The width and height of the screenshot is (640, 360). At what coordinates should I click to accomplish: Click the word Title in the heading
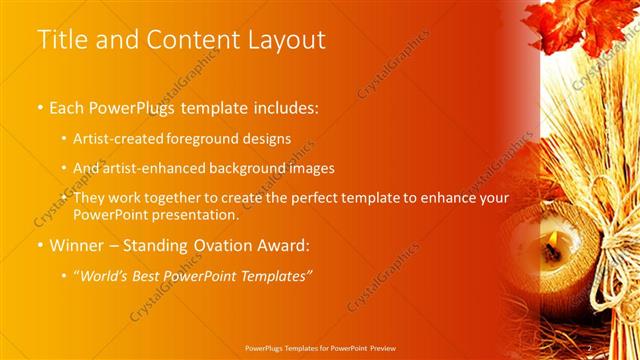(x=60, y=40)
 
